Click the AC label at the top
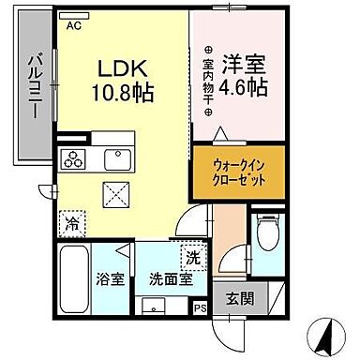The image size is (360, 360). pyautogui.click(x=74, y=27)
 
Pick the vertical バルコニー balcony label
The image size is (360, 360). pyautogui.click(x=31, y=84)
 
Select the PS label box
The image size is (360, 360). pyautogui.click(x=199, y=306)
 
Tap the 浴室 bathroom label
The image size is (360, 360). pyautogui.click(x=111, y=278)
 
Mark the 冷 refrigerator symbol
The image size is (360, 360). pyautogui.click(x=71, y=224)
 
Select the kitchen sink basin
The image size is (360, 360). pyautogui.click(x=115, y=157)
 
